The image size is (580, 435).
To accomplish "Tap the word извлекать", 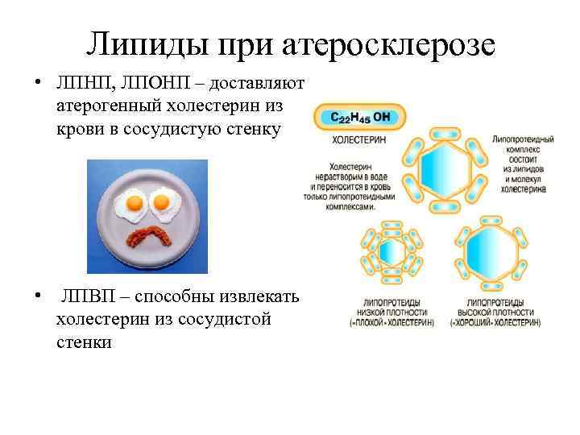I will click(x=260, y=297).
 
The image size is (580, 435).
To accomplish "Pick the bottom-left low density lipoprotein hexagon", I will click(x=393, y=253).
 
